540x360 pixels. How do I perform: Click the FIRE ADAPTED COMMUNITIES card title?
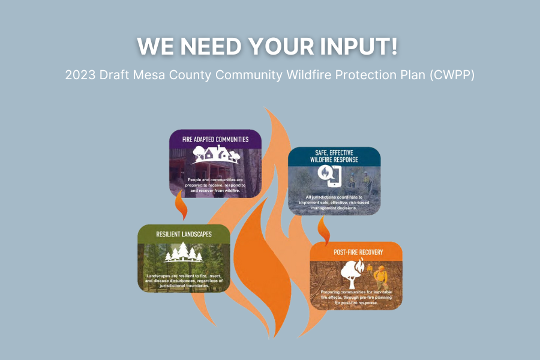[x=215, y=139]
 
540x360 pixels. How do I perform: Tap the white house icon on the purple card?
[x=215, y=155]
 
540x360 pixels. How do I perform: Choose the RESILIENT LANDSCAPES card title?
[x=184, y=233]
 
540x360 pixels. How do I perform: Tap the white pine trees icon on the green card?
[x=184, y=254]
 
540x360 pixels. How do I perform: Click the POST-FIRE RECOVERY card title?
[x=358, y=251]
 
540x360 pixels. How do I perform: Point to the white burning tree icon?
[x=351, y=272]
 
